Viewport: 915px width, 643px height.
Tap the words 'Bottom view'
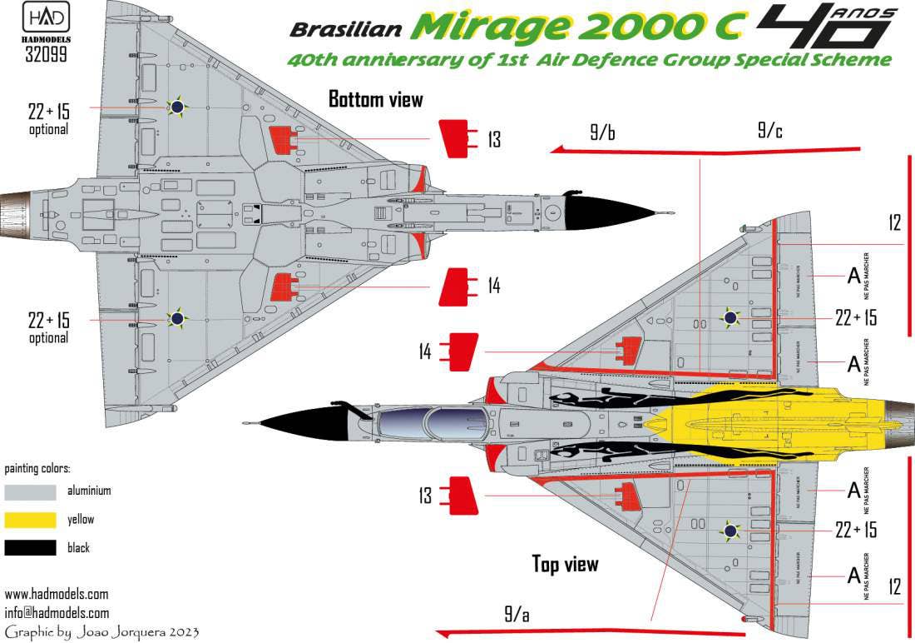375,100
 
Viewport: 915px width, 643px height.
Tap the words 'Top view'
565,564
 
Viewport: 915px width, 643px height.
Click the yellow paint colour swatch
30,520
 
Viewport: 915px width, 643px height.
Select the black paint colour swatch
30,548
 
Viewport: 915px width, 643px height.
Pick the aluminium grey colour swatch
30,491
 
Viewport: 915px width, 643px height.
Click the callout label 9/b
602,132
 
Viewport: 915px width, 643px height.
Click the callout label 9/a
516,616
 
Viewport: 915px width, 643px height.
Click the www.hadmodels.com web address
57,595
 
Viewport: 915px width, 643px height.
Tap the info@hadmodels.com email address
57,613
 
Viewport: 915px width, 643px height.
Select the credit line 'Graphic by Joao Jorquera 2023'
101,632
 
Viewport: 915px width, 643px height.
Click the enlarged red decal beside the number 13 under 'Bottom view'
454,139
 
